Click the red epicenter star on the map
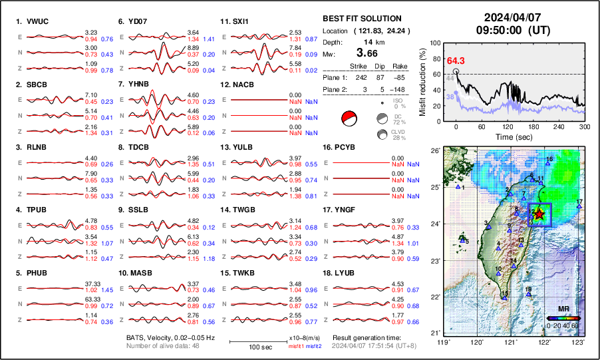tap(539, 214)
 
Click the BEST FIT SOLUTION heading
tap(361, 19)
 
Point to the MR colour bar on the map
tap(563, 317)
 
